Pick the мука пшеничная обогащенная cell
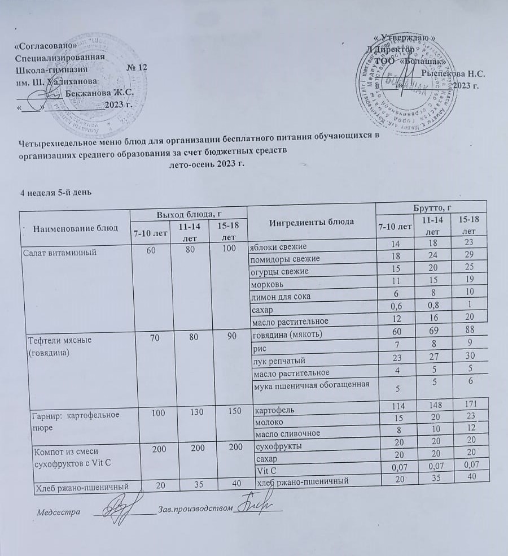[308, 385]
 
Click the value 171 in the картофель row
[465, 405]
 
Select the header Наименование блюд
[76, 228]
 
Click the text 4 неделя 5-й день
[55, 192]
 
